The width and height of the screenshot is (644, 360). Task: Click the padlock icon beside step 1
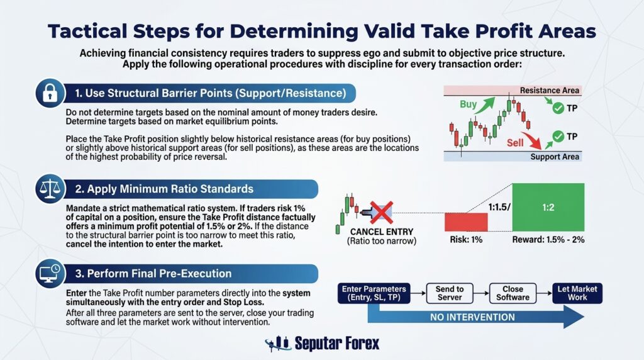coord(50,93)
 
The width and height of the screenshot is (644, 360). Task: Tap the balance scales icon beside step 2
coord(50,189)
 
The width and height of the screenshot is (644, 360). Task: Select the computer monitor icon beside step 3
coord(50,273)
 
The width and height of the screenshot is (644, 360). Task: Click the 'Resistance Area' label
coord(549,91)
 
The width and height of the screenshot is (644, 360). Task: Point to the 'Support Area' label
coord(555,157)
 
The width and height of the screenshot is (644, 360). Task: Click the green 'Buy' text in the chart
coord(468,104)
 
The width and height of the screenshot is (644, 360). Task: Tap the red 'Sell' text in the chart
coord(515,143)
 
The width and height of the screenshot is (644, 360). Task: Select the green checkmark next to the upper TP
coord(558,108)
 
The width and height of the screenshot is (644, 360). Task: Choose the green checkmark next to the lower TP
coord(558,137)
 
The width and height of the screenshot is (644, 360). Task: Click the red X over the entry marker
coord(382,213)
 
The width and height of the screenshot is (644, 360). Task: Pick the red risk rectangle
coord(466,222)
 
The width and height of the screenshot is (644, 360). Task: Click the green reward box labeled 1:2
coord(548,207)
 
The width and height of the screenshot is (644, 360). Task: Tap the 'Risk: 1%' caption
coord(466,240)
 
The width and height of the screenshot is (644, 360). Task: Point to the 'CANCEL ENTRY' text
coord(382,232)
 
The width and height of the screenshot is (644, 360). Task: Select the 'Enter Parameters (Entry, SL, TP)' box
coord(374,293)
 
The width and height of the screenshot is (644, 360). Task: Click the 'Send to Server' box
coord(450,293)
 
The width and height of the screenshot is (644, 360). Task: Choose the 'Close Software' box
coord(513,293)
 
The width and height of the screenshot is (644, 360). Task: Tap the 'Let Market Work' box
coord(577,293)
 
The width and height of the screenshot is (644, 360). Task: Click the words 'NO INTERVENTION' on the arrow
coord(472,317)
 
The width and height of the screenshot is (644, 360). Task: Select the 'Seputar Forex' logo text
coord(337,343)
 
